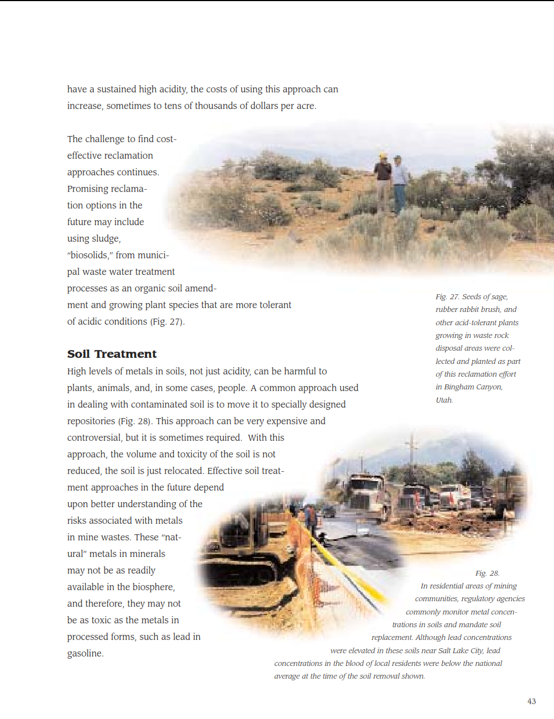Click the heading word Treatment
pyautogui.click(x=126, y=354)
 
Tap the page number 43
pyautogui.click(x=531, y=701)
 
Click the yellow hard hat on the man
pyautogui.click(x=383, y=156)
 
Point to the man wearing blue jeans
pyautogui.click(x=399, y=183)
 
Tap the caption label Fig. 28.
pyautogui.click(x=487, y=574)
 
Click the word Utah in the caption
pyautogui.click(x=444, y=400)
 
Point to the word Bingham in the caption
pyautogui.click(x=459, y=387)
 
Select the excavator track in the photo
pyautogui.click(x=232, y=553)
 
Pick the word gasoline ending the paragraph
pyautogui.click(x=85, y=653)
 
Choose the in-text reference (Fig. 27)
pyautogui.click(x=167, y=321)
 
